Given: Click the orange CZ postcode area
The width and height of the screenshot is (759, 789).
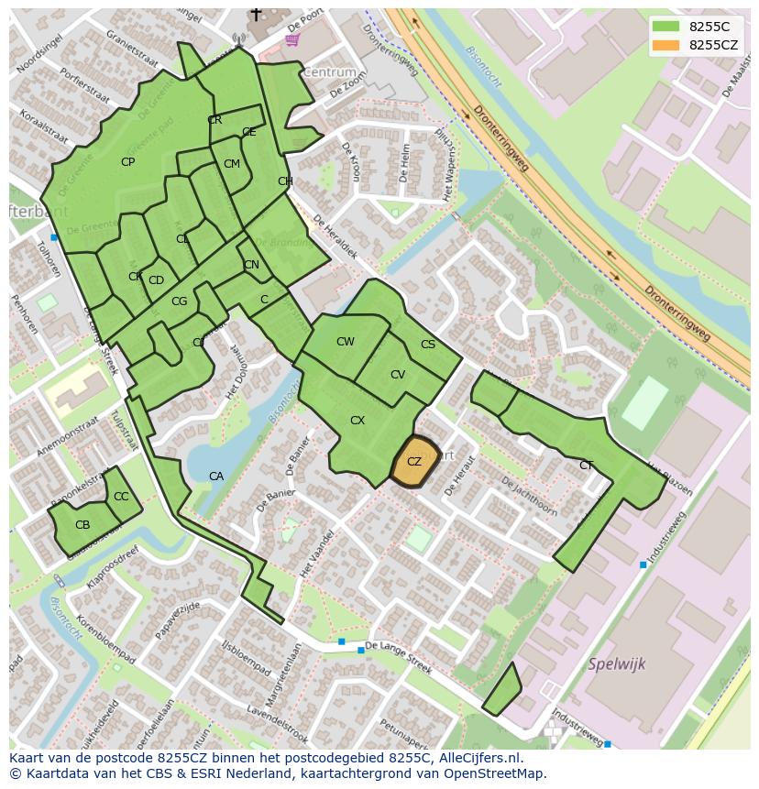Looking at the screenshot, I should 414,462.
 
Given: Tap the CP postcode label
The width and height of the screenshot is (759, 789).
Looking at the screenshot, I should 128,162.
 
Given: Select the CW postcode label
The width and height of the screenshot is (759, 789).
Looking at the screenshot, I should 346,342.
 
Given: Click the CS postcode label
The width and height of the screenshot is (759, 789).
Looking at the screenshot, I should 428,345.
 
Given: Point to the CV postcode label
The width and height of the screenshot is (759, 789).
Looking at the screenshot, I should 398,375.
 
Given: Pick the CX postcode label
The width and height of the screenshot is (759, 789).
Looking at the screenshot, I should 357,421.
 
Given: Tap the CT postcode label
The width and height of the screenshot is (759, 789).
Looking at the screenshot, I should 586,466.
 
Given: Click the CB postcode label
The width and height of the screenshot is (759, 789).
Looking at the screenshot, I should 82,525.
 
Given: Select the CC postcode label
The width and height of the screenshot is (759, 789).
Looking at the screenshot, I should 121,497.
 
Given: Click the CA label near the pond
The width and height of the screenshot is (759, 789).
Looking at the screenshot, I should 216,476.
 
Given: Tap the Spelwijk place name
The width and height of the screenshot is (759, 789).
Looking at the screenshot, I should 617,663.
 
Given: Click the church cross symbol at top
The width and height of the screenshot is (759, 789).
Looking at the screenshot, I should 256,15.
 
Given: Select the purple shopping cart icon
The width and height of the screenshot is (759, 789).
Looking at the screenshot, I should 292,38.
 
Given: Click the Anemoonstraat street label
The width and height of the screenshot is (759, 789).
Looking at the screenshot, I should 67,438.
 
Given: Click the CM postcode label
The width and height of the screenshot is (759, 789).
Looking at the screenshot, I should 232,164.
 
